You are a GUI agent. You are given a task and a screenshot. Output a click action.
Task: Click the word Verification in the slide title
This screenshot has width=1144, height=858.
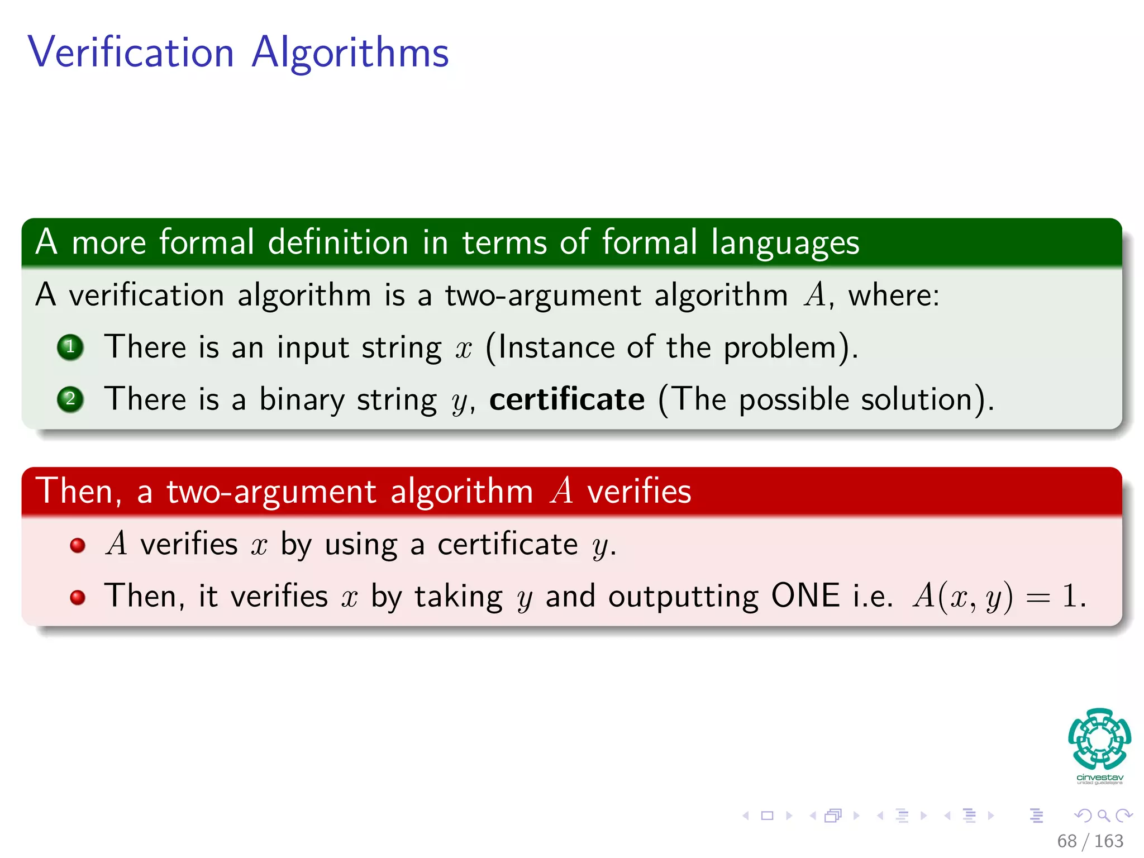(x=131, y=53)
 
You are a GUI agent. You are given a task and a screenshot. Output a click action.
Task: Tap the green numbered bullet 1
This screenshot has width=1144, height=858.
(x=70, y=347)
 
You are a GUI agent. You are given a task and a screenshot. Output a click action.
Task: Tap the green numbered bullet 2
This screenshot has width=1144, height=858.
(x=70, y=399)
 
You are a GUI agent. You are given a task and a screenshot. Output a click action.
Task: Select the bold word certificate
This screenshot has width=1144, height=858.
(x=566, y=399)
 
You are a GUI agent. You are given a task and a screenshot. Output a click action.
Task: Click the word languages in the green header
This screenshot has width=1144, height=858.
(x=785, y=243)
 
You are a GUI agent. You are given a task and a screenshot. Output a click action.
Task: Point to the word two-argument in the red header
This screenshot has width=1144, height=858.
(x=271, y=492)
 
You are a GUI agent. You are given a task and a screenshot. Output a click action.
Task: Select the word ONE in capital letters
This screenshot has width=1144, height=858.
(x=805, y=595)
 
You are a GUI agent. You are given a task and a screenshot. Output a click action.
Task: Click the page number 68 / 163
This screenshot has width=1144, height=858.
(x=1090, y=841)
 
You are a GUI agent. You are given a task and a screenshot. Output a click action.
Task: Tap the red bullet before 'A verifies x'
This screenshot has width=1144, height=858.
(x=78, y=545)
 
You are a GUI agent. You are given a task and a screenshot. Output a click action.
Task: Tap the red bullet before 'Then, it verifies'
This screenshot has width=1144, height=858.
(x=78, y=597)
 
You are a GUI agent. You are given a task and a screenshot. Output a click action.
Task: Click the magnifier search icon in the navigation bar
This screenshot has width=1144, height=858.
(x=1103, y=816)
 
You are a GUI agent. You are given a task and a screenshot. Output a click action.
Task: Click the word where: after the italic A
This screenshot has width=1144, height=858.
(x=894, y=295)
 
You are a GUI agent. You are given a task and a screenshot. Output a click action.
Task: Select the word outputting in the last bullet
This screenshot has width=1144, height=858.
(x=683, y=597)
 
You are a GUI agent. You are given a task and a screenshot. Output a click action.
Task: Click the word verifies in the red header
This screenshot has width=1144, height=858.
(x=639, y=492)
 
